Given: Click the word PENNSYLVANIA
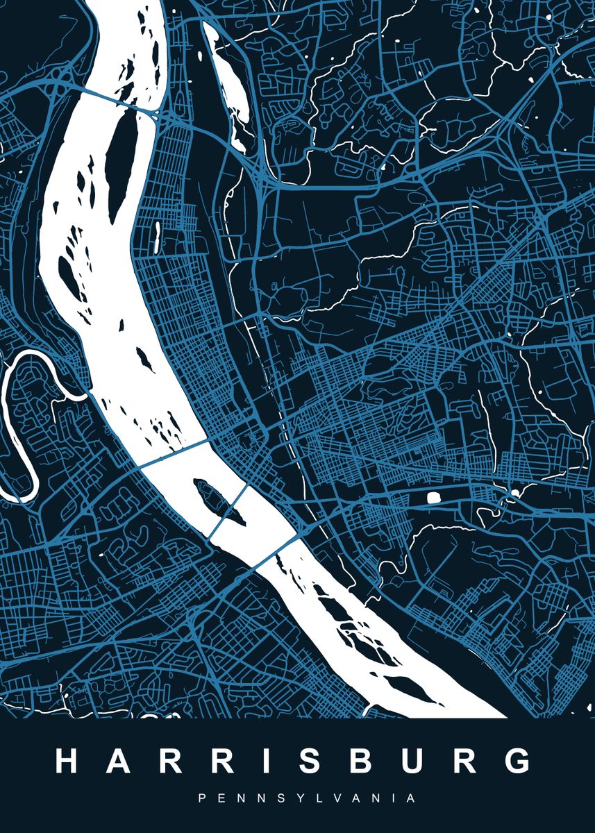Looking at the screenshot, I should [x=308, y=798].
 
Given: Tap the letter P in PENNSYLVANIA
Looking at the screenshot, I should [x=202, y=798].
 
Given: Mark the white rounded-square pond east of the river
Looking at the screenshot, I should [x=433, y=497].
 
